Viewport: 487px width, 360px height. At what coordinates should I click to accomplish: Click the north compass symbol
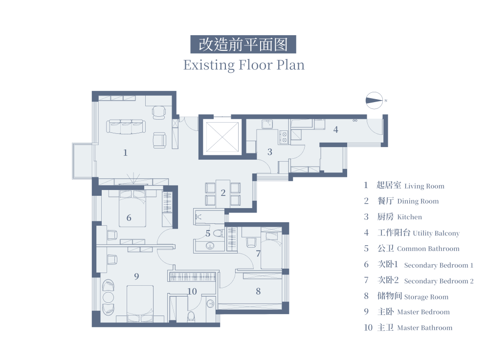tap(374, 101)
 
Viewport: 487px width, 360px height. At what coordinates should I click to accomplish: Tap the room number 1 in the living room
tap(125, 153)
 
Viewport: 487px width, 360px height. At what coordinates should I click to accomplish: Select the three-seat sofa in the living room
tap(126, 127)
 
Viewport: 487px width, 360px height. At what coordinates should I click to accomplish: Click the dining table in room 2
tap(222, 193)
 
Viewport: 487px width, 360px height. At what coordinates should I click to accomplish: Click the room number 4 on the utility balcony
tap(336, 129)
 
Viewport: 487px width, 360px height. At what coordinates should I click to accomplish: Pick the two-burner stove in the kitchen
tap(284, 137)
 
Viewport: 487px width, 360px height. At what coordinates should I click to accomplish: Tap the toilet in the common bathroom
tap(219, 233)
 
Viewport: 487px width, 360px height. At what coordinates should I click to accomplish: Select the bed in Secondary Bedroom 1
tap(133, 209)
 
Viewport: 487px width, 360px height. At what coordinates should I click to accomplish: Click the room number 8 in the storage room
tap(258, 291)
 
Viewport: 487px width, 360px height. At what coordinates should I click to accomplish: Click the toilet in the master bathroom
tap(191, 316)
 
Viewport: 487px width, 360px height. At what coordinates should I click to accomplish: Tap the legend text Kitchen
tap(409, 217)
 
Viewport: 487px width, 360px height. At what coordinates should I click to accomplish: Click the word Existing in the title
tap(209, 65)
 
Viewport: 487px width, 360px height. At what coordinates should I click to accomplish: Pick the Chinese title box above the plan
tap(243, 44)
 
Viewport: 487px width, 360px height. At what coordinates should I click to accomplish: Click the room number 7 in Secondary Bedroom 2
tap(258, 254)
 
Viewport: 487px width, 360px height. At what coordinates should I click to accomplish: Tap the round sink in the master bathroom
tap(210, 303)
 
